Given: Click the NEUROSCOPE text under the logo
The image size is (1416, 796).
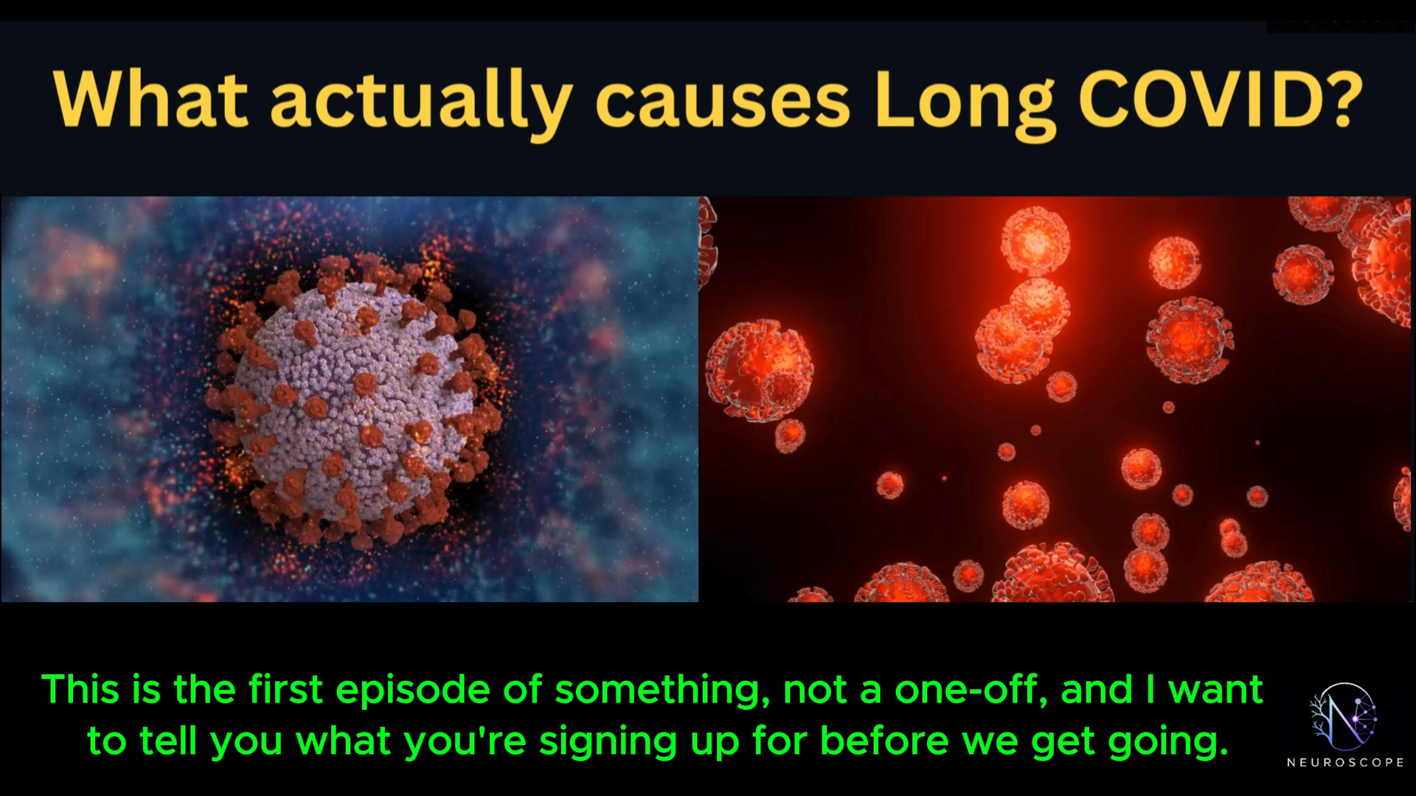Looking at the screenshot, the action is click(x=1344, y=763).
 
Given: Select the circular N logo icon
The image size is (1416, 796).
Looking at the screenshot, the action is click(x=1344, y=714).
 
